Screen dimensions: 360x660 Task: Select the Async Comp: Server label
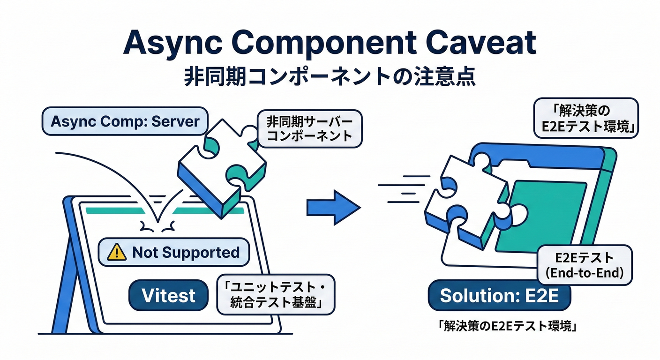[x=125, y=121]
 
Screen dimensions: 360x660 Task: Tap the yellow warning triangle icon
[x=117, y=253]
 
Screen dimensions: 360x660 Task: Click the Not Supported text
[x=186, y=253]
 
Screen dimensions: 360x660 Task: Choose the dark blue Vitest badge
[x=168, y=296]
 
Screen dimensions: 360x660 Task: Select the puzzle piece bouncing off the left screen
[x=220, y=164]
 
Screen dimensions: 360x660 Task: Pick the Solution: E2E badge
[x=499, y=296]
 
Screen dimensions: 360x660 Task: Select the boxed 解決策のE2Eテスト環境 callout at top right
[x=586, y=119]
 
